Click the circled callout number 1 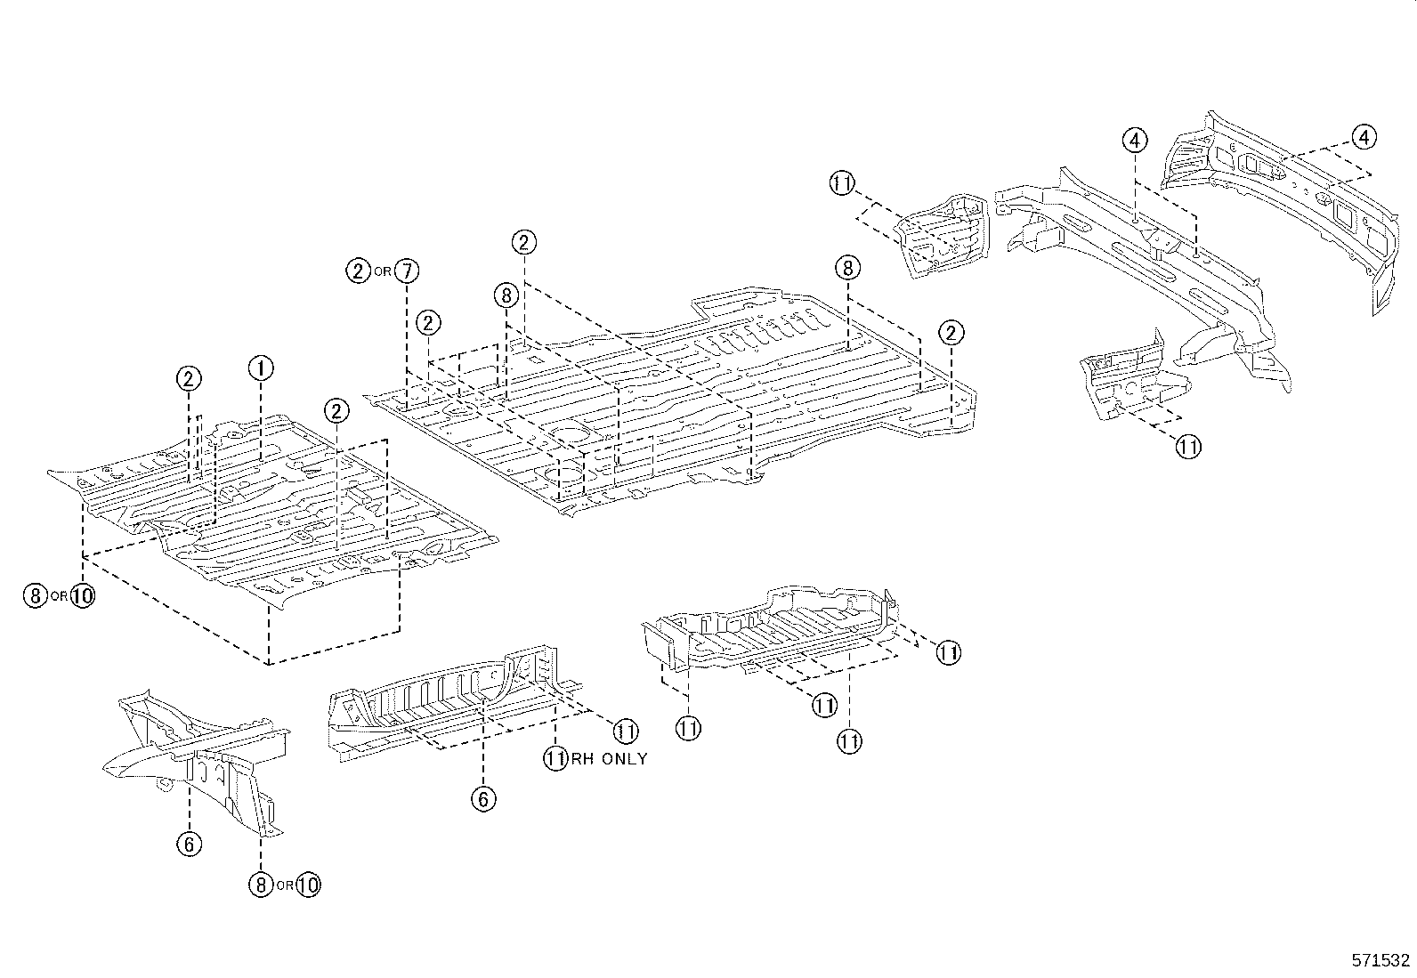(261, 367)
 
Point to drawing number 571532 (1381, 960)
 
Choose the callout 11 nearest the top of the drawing (841, 183)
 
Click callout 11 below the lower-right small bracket (1188, 447)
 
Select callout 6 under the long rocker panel (482, 799)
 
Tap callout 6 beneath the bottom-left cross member (190, 844)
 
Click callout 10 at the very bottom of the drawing (308, 885)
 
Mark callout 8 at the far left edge (34, 595)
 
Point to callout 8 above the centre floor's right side (847, 267)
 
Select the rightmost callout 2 (951, 334)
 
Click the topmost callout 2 (524, 242)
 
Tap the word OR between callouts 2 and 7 (382, 271)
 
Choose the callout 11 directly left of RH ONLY (556, 759)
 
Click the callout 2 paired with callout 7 (358, 271)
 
